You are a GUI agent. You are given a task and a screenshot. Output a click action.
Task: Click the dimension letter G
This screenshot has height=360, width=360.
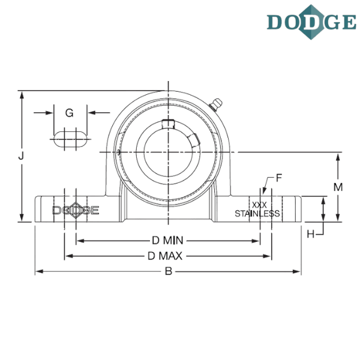(x=70, y=113)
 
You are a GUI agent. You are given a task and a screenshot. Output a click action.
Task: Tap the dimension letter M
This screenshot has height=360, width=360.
(x=338, y=188)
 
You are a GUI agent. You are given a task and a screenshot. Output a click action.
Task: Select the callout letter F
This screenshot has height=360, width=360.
(x=279, y=178)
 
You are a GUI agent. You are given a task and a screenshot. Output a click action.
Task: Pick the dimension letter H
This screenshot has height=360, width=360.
(x=311, y=234)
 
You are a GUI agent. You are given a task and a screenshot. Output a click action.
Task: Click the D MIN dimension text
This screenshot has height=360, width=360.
(x=167, y=241)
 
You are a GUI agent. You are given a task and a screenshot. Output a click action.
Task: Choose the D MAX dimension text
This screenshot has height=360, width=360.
(x=167, y=256)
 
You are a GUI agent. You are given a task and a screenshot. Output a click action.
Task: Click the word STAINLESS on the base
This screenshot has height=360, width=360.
(x=257, y=214)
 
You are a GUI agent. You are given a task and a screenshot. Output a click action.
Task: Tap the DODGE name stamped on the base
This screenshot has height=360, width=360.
(x=76, y=211)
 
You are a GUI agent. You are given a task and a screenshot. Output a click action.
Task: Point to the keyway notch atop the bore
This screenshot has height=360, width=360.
(x=169, y=125)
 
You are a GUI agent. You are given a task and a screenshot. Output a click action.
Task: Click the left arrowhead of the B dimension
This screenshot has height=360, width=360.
(x=38, y=272)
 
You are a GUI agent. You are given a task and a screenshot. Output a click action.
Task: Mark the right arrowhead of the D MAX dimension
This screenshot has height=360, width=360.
(x=269, y=256)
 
